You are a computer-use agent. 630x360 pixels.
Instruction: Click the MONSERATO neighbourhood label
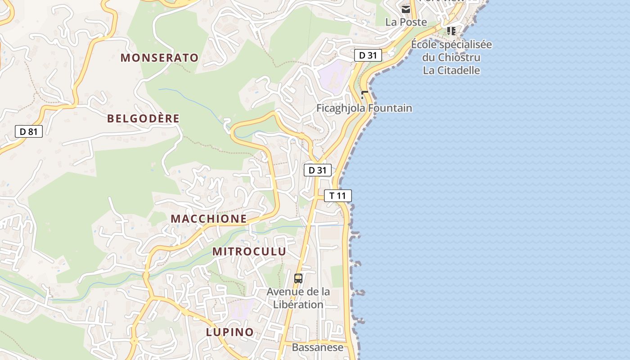(159, 58)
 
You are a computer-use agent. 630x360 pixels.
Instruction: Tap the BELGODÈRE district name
(143, 119)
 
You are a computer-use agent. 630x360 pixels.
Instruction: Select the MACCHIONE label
(209, 219)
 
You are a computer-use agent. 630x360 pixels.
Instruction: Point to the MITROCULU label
(249, 252)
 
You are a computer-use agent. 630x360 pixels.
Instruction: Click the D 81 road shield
(29, 131)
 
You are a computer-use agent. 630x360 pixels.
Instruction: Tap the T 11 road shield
(337, 196)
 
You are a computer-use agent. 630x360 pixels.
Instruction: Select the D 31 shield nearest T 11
(318, 170)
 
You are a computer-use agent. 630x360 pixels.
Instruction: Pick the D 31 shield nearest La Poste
(368, 55)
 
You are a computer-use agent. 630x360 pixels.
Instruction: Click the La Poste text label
(406, 22)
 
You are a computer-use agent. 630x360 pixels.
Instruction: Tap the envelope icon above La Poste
(406, 9)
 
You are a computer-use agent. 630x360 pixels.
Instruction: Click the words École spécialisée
(451, 45)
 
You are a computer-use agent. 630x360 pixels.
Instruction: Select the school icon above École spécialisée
(451, 31)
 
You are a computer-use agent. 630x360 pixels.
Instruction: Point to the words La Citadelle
(451, 71)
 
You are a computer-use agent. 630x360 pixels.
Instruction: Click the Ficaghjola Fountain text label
(364, 108)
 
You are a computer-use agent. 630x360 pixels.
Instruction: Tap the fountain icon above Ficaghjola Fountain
(364, 95)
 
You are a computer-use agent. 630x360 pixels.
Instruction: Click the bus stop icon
(298, 278)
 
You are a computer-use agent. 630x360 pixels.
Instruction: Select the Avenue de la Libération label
(298, 298)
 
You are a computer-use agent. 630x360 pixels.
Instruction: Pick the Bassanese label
(317, 347)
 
